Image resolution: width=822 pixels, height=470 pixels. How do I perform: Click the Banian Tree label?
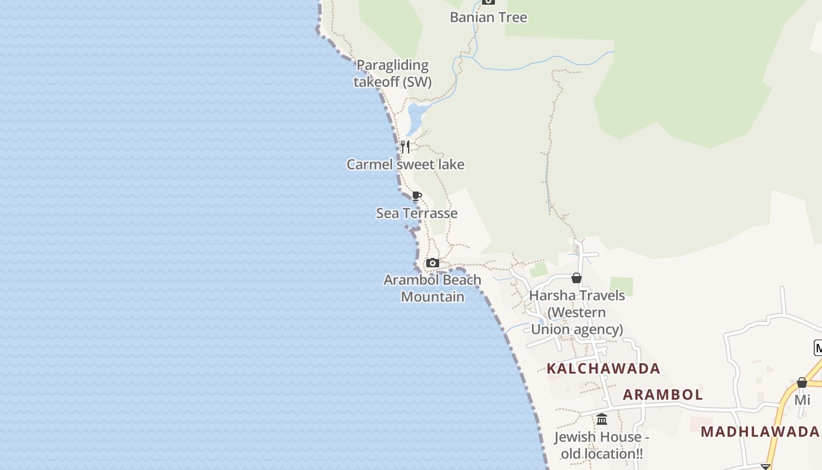(x=488, y=18)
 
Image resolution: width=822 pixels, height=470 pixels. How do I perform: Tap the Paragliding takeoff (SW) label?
(x=392, y=73)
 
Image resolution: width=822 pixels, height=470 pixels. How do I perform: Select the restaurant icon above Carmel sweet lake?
(x=405, y=146)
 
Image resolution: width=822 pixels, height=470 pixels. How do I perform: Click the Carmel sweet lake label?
(x=405, y=164)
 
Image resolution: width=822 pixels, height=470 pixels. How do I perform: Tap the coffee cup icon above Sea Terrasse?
(x=416, y=196)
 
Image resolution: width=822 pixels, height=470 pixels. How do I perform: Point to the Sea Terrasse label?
(x=416, y=213)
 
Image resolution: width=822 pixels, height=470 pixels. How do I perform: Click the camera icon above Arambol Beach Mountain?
(x=433, y=263)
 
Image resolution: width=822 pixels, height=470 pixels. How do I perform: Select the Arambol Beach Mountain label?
(x=432, y=288)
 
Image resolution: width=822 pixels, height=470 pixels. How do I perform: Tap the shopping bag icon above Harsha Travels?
(x=577, y=278)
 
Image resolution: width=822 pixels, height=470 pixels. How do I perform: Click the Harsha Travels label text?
(x=577, y=296)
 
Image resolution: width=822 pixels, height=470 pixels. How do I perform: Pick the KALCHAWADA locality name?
(x=603, y=369)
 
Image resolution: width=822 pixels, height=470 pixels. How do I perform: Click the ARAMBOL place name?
(x=662, y=395)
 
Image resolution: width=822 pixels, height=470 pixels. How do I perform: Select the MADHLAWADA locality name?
(x=760, y=432)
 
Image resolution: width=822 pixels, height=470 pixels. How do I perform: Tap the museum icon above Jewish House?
(x=602, y=419)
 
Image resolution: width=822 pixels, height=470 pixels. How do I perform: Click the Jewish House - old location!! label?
(x=601, y=445)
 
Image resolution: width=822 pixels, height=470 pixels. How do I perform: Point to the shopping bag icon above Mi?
(x=802, y=383)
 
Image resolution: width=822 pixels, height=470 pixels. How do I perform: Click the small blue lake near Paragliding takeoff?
(x=413, y=119)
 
